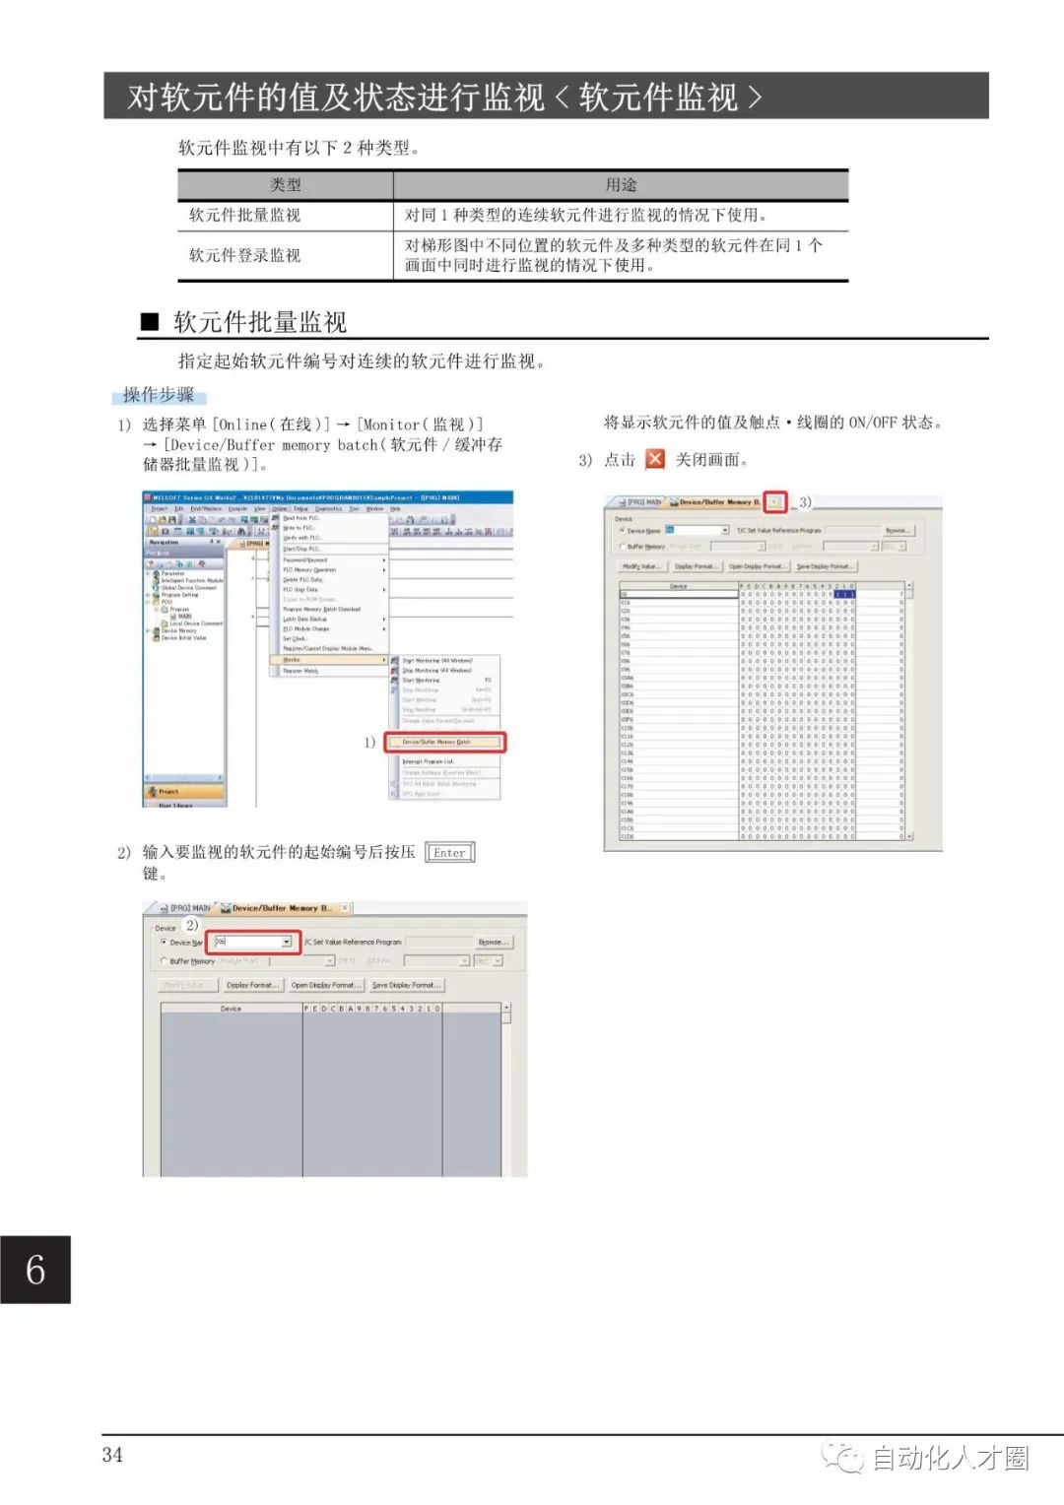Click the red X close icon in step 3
click(x=655, y=459)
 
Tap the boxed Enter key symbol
click(x=449, y=853)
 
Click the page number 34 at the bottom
click(x=112, y=1455)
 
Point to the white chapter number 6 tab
click(x=35, y=1270)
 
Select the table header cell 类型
click(x=286, y=185)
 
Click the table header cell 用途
click(x=621, y=185)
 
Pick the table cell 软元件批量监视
click(x=245, y=215)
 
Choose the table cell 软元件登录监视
click(x=245, y=255)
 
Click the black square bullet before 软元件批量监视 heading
click(x=150, y=322)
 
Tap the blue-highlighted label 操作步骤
click(x=159, y=395)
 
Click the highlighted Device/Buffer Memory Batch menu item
click(x=437, y=742)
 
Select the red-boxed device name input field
click(x=252, y=942)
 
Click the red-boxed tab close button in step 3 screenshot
click(x=775, y=502)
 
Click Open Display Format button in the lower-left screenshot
click(x=326, y=985)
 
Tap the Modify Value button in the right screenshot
click(x=642, y=566)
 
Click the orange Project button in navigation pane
click(x=184, y=791)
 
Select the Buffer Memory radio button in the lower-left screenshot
click(x=164, y=961)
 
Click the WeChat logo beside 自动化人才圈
click(x=843, y=1457)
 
